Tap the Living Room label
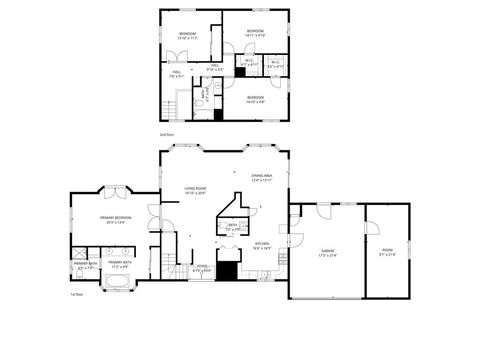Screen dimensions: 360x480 (x=194, y=189)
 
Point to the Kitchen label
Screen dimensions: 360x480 (x=261, y=245)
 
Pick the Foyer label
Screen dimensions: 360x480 (x=202, y=267)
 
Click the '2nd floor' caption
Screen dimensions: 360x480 (x=165, y=133)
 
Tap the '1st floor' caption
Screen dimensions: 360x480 (x=75, y=295)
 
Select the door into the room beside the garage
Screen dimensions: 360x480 (x=371, y=231)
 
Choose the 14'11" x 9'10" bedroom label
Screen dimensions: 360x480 (x=255, y=33)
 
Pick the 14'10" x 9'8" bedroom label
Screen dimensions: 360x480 (x=255, y=98)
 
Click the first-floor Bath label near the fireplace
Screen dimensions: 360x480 (x=232, y=227)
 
